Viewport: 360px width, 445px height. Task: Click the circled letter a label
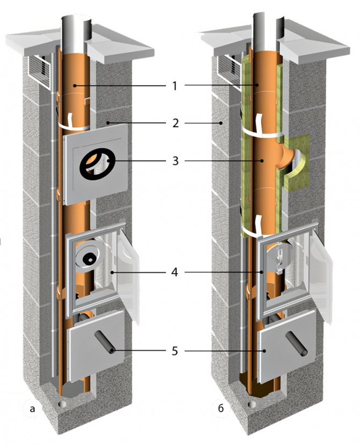pyautogui.click(x=33, y=410)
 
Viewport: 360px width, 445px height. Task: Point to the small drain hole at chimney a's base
pyautogui.click(x=62, y=403)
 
